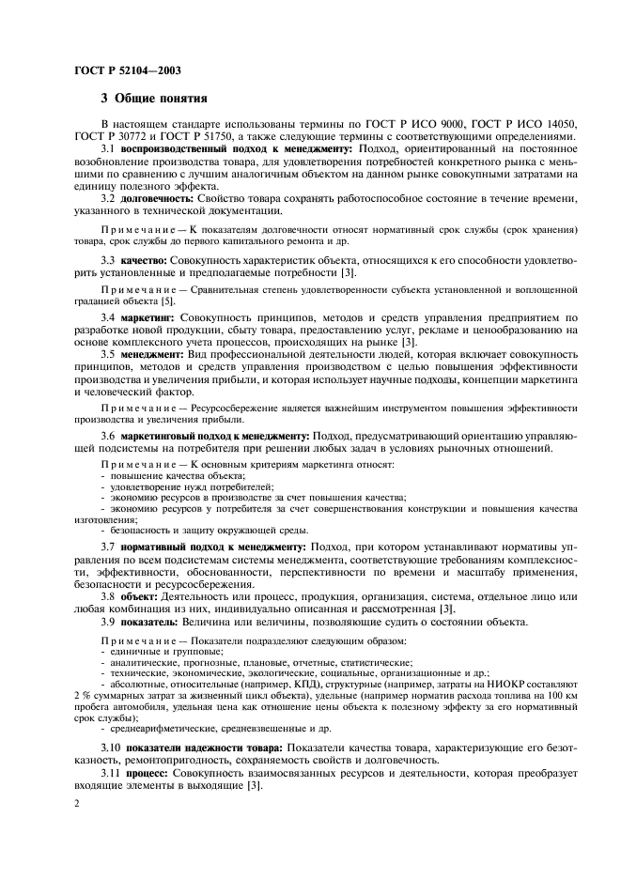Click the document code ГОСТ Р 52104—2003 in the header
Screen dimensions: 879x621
(x=127, y=70)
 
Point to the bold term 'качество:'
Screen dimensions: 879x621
(x=143, y=257)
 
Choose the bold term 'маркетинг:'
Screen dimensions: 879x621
(x=149, y=318)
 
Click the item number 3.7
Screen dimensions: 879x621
(x=108, y=546)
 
